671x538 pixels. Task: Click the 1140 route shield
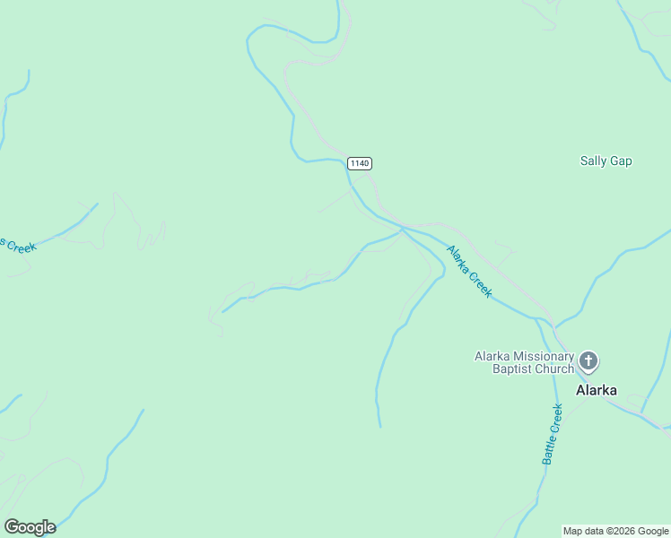(360, 163)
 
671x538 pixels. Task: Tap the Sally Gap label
(606, 161)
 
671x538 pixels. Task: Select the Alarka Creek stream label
(469, 272)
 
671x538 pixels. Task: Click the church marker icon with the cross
(588, 362)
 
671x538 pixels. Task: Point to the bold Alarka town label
(596, 390)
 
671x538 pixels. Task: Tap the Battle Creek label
(552, 434)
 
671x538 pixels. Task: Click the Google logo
(30, 527)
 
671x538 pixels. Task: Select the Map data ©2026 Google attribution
(615, 531)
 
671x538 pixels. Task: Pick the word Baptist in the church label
(512, 369)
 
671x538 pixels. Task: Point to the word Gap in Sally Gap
(621, 161)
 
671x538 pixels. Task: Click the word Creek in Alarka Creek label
(481, 284)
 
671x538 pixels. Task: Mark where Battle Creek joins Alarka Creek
(537, 317)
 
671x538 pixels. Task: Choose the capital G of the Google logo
(12, 527)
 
